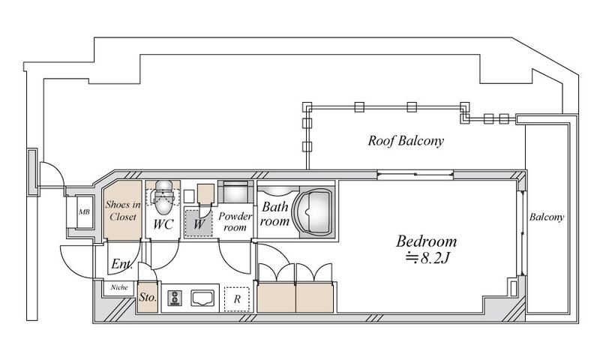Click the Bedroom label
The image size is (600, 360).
pyautogui.click(x=426, y=241)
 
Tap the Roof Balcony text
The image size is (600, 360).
pyautogui.click(x=406, y=141)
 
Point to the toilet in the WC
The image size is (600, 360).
pyautogui.click(x=163, y=197)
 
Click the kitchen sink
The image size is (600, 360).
pyautogui.click(x=202, y=298)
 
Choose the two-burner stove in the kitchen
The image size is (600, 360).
pyautogui.click(x=175, y=298)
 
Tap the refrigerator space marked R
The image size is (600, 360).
pyautogui.click(x=237, y=298)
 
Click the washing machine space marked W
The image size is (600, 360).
pyautogui.click(x=199, y=223)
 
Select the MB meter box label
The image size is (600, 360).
pyautogui.click(x=84, y=211)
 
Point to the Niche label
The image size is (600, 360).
pyautogui.click(x=119, y=287)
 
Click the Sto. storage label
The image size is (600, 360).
pyautogui.click(x=148, y=297)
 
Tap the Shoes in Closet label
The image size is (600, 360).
pyautogui.click(x=123, y=211)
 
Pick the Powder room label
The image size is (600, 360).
pyautogui.click(x=235, y=221)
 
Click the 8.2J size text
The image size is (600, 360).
pyautogui.click(x=427, y=258)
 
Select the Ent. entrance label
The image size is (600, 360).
pyautogui.click(x=121, y=264)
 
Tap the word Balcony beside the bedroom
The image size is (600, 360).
pyautogui.click(x=547, y=217)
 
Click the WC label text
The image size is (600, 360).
pyautogui.click(x=163, y=224)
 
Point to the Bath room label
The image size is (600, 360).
pyautogui.click(x=275, y=214)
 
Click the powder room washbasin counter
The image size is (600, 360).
pyautogui.click(x=235, y=192)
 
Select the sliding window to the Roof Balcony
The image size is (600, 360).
pyautogui.click(x=415, y=175)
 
